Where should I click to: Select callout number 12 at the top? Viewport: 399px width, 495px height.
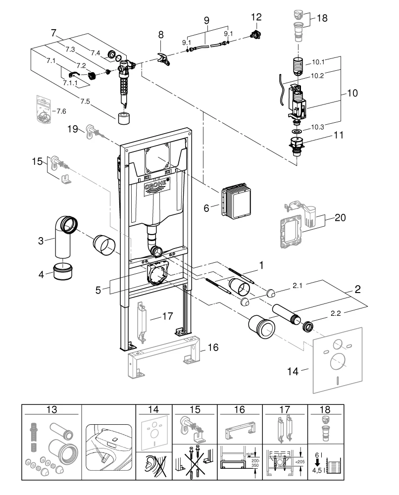pyautogui.click(x=256, y=17)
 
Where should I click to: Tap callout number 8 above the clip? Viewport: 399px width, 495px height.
pyautogui.click(x=160, y=36)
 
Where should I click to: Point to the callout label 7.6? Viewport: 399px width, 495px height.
pyautogui.click(x=61, y=111)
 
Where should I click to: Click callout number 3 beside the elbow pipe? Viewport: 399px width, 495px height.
pyautogui.click(x=43, y=241)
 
